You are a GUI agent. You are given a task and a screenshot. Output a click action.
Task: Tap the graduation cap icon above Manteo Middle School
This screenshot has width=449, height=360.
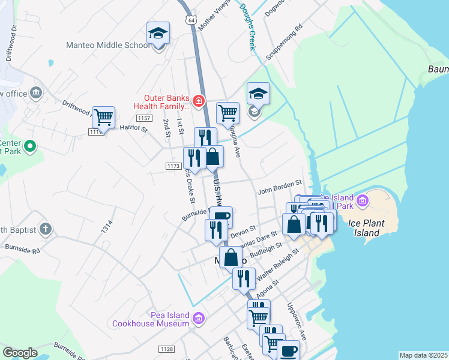(x=158, y=34)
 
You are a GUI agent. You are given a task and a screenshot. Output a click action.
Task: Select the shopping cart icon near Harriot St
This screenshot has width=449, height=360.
(x=104, y=118)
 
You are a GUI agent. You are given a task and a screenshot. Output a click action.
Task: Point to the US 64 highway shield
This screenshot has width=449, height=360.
(x=190, y=20)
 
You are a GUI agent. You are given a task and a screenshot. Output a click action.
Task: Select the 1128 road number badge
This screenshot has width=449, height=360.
(x=166, y=349)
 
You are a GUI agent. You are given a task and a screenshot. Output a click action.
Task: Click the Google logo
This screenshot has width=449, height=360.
(x=20, y=352)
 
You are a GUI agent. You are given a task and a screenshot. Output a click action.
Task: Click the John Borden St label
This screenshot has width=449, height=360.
(x=279, y=191)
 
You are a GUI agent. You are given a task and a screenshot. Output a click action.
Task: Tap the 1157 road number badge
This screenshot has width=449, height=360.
(x=143, y=119)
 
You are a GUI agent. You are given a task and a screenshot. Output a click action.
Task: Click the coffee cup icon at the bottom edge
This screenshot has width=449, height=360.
(x=288, y=350)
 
